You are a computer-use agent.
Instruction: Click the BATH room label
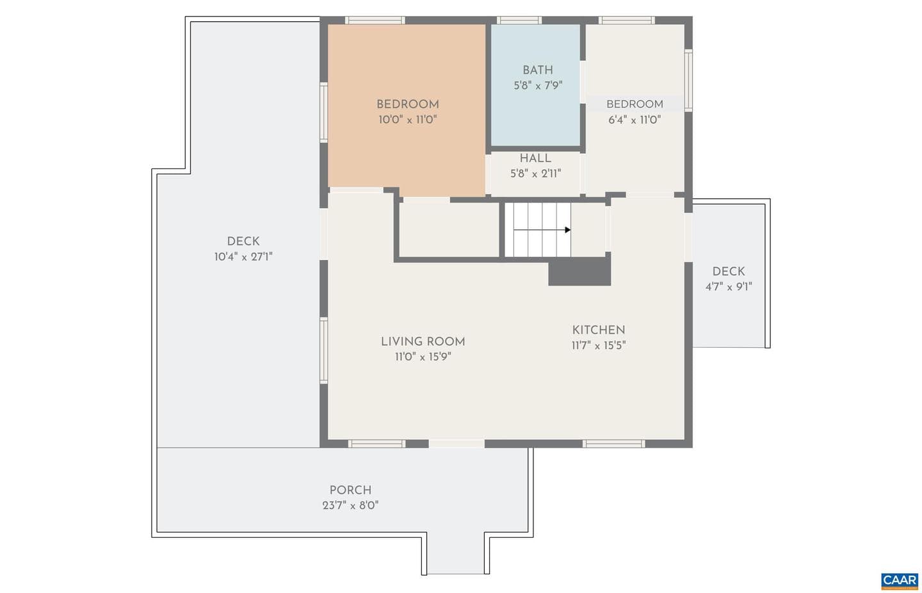[538, 70]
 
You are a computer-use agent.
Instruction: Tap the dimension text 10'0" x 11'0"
[407, 120]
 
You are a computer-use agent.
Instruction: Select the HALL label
[535, 158]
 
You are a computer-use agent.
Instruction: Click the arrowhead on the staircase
[567, 230]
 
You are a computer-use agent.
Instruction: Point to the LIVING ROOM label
[423, 341]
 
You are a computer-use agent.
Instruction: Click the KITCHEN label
[599, 330]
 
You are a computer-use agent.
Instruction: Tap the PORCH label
[350, 490]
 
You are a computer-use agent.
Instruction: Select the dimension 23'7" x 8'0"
[350, 505]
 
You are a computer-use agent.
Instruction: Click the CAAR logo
[900, 581]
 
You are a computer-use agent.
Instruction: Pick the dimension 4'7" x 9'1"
[729, 287]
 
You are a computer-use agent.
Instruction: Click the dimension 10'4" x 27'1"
[243, 257]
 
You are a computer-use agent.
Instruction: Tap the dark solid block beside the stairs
[579, 272]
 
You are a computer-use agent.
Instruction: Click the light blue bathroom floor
[535, 111]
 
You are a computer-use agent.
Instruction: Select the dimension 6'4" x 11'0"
[635, 120]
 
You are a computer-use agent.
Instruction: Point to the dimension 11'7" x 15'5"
[599, 345]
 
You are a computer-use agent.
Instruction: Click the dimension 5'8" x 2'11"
[535, 174]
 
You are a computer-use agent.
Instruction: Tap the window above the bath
[519, 20]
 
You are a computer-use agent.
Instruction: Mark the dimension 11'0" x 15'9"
[423, 357]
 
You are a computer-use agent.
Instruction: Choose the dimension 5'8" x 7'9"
[538, 85]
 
